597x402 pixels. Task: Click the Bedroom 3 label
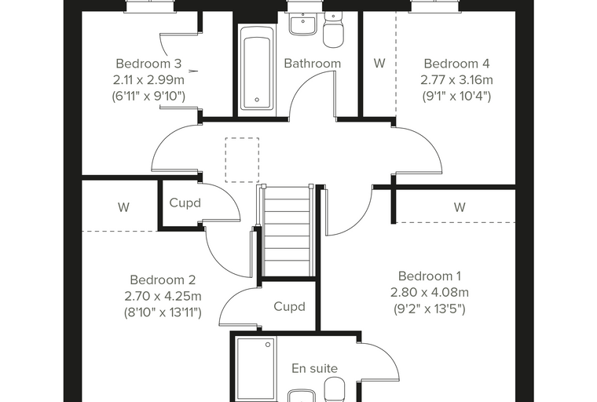[x=148, y=63]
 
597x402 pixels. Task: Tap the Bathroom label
[x=312, y=63]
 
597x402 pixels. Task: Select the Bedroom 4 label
[x=456, y=63]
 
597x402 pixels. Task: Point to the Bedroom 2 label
[x=163, y=280]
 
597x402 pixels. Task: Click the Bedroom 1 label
[x=430, y=276]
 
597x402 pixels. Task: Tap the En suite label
[x=314, y=368]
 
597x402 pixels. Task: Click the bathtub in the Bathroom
[x=257, y=71]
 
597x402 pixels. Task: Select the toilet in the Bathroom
[x=334, y=31]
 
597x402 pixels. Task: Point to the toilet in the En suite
[x=335, y=389]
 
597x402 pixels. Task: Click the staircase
[x=288, y=230]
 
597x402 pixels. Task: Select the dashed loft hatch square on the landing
[x=242, y=160]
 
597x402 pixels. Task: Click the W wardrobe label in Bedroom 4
[x=379, y=63]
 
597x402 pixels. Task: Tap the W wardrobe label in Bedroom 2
[x=123, y=207]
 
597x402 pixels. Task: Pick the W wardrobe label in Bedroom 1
[x=460, y=207]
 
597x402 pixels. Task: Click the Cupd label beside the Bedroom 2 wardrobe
[x=185, y=203]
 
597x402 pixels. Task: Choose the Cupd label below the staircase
[x=289, y=306]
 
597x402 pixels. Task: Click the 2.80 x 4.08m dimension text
[x=430, y=292]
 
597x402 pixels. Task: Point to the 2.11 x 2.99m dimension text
[x=148, y=80]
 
